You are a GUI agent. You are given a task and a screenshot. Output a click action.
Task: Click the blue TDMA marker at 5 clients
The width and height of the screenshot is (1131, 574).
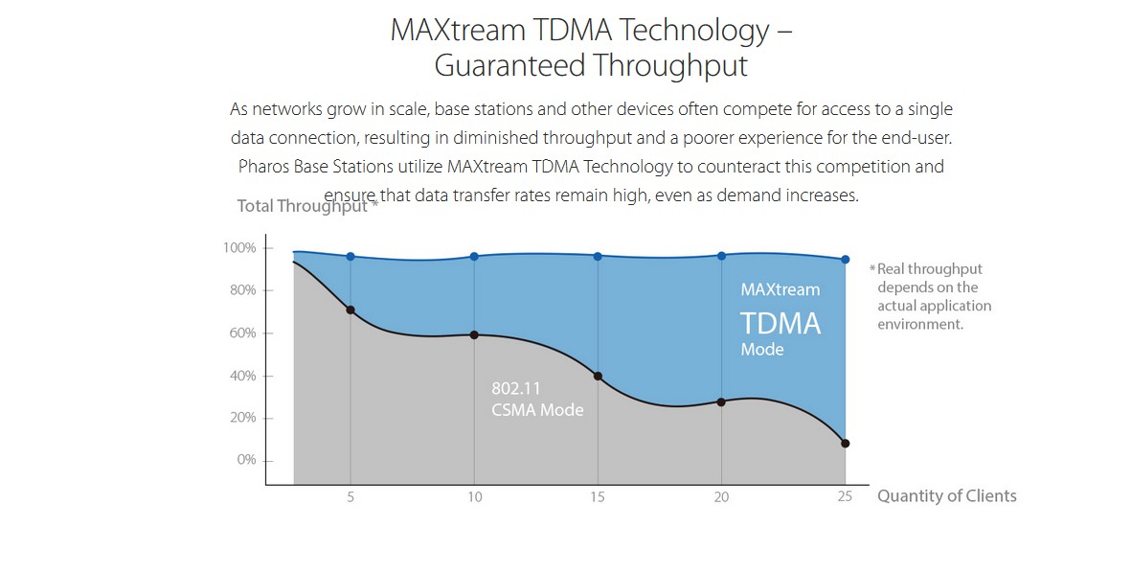click(x=351, y=256)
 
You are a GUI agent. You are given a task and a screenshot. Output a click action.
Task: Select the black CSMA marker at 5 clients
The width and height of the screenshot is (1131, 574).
click(x=351, y=310)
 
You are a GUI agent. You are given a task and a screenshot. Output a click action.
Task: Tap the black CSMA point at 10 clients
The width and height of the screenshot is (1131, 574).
click(x=474, y=335)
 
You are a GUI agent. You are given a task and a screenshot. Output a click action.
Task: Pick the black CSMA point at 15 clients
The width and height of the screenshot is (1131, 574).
click(x=598, y=377)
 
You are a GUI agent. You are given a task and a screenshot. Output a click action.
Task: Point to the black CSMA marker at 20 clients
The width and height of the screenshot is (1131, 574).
click(x=721, y=402)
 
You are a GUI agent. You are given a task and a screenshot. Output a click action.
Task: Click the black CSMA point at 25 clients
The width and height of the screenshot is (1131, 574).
click(x=846, y=444)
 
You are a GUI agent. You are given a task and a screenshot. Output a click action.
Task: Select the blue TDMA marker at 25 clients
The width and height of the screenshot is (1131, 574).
click(x=846, y=259)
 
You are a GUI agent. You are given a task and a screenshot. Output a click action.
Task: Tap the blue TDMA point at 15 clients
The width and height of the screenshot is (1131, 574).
click(x=598, y=256)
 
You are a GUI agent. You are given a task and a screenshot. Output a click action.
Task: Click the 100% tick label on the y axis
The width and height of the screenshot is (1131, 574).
click(x=239, y=247)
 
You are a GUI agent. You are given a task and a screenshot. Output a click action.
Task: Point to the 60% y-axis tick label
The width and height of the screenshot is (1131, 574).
click(x=243, y=333)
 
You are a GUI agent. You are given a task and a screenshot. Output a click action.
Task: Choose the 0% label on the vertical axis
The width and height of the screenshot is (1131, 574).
click(x=247, y=460)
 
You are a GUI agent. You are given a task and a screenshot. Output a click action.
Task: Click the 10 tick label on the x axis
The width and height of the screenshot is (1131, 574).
click(x=475, y=496)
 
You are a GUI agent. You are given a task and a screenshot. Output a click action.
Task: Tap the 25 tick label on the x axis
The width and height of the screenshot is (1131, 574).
click(x=845, y=496)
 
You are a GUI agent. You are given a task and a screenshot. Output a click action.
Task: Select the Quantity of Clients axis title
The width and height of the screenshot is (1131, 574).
click(x=947, y=496)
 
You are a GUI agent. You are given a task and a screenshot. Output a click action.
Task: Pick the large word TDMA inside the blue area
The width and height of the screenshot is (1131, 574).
click(x=780, y=324)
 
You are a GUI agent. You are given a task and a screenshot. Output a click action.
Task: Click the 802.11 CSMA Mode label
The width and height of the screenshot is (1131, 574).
click(x=537, y=400)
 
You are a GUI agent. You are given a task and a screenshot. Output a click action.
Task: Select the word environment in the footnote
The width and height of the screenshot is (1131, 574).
click(x=920, y=324)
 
